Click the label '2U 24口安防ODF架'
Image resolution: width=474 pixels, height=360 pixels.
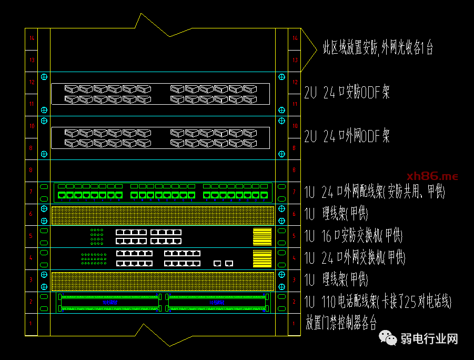[x=347, y=93]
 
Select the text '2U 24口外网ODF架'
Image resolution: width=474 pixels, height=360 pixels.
[x=347, y=137]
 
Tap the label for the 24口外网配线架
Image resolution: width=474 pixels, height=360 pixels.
[x=375, y=192]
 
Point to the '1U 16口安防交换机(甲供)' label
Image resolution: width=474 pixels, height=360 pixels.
[x=354, y=235]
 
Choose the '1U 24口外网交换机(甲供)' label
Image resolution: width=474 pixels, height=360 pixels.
[x=355, y=257]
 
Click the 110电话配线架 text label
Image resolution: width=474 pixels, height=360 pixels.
[x=378, y=302]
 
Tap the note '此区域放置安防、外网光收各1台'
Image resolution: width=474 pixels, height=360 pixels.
[x=378, y=48]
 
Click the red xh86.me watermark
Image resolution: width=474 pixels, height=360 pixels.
[x=429, y=176]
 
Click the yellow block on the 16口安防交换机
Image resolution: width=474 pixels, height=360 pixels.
[x=262, y=236]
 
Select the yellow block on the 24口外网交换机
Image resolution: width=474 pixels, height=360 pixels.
[x=262, y=258]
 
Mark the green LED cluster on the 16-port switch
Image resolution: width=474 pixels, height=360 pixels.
[x=97, y=236]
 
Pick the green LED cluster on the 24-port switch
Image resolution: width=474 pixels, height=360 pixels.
[x=94, y=258]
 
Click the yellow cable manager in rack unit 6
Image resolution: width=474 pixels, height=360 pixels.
[x=163, y=215]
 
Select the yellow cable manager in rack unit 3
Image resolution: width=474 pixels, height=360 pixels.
[x=163, y=281]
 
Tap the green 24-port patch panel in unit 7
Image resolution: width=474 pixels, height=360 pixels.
[x=163, y=193]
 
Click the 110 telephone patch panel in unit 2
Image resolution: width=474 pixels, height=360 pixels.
[x=163, y=303]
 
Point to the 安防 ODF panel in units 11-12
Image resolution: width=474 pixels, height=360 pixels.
[x=160, y=94]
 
